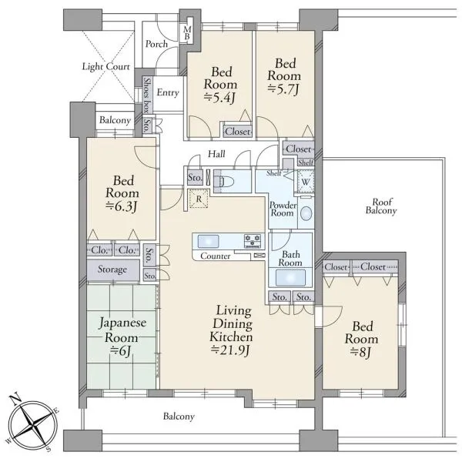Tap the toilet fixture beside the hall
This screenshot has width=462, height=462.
click(224, 181)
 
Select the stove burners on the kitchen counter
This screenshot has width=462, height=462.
click(253, 241)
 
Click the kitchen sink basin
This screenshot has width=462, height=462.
click(208, 241)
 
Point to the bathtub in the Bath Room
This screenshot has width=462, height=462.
click(290, 277)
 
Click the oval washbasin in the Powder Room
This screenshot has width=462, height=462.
click(306, 213)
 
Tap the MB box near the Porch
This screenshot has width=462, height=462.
click(187, 32)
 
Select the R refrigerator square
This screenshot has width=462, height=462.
click(199, 199)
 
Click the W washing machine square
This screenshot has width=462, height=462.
click(306, 182)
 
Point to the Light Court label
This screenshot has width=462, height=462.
click(106, 66)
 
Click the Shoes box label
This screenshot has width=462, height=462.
click(146, 95)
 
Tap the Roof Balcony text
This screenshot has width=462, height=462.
click(381, 206)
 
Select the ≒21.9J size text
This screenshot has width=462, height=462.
click(231, 350)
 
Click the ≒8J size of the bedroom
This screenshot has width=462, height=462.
click(361, 352)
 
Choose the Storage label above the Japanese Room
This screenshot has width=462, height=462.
click(112, 269)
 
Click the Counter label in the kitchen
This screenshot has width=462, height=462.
click(216, 256)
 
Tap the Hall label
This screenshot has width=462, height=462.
click(216, 153)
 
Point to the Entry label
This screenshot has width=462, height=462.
click(168, 92)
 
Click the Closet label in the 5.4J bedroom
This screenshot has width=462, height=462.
click(238, 132)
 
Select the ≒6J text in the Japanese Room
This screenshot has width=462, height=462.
click(120, 350)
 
